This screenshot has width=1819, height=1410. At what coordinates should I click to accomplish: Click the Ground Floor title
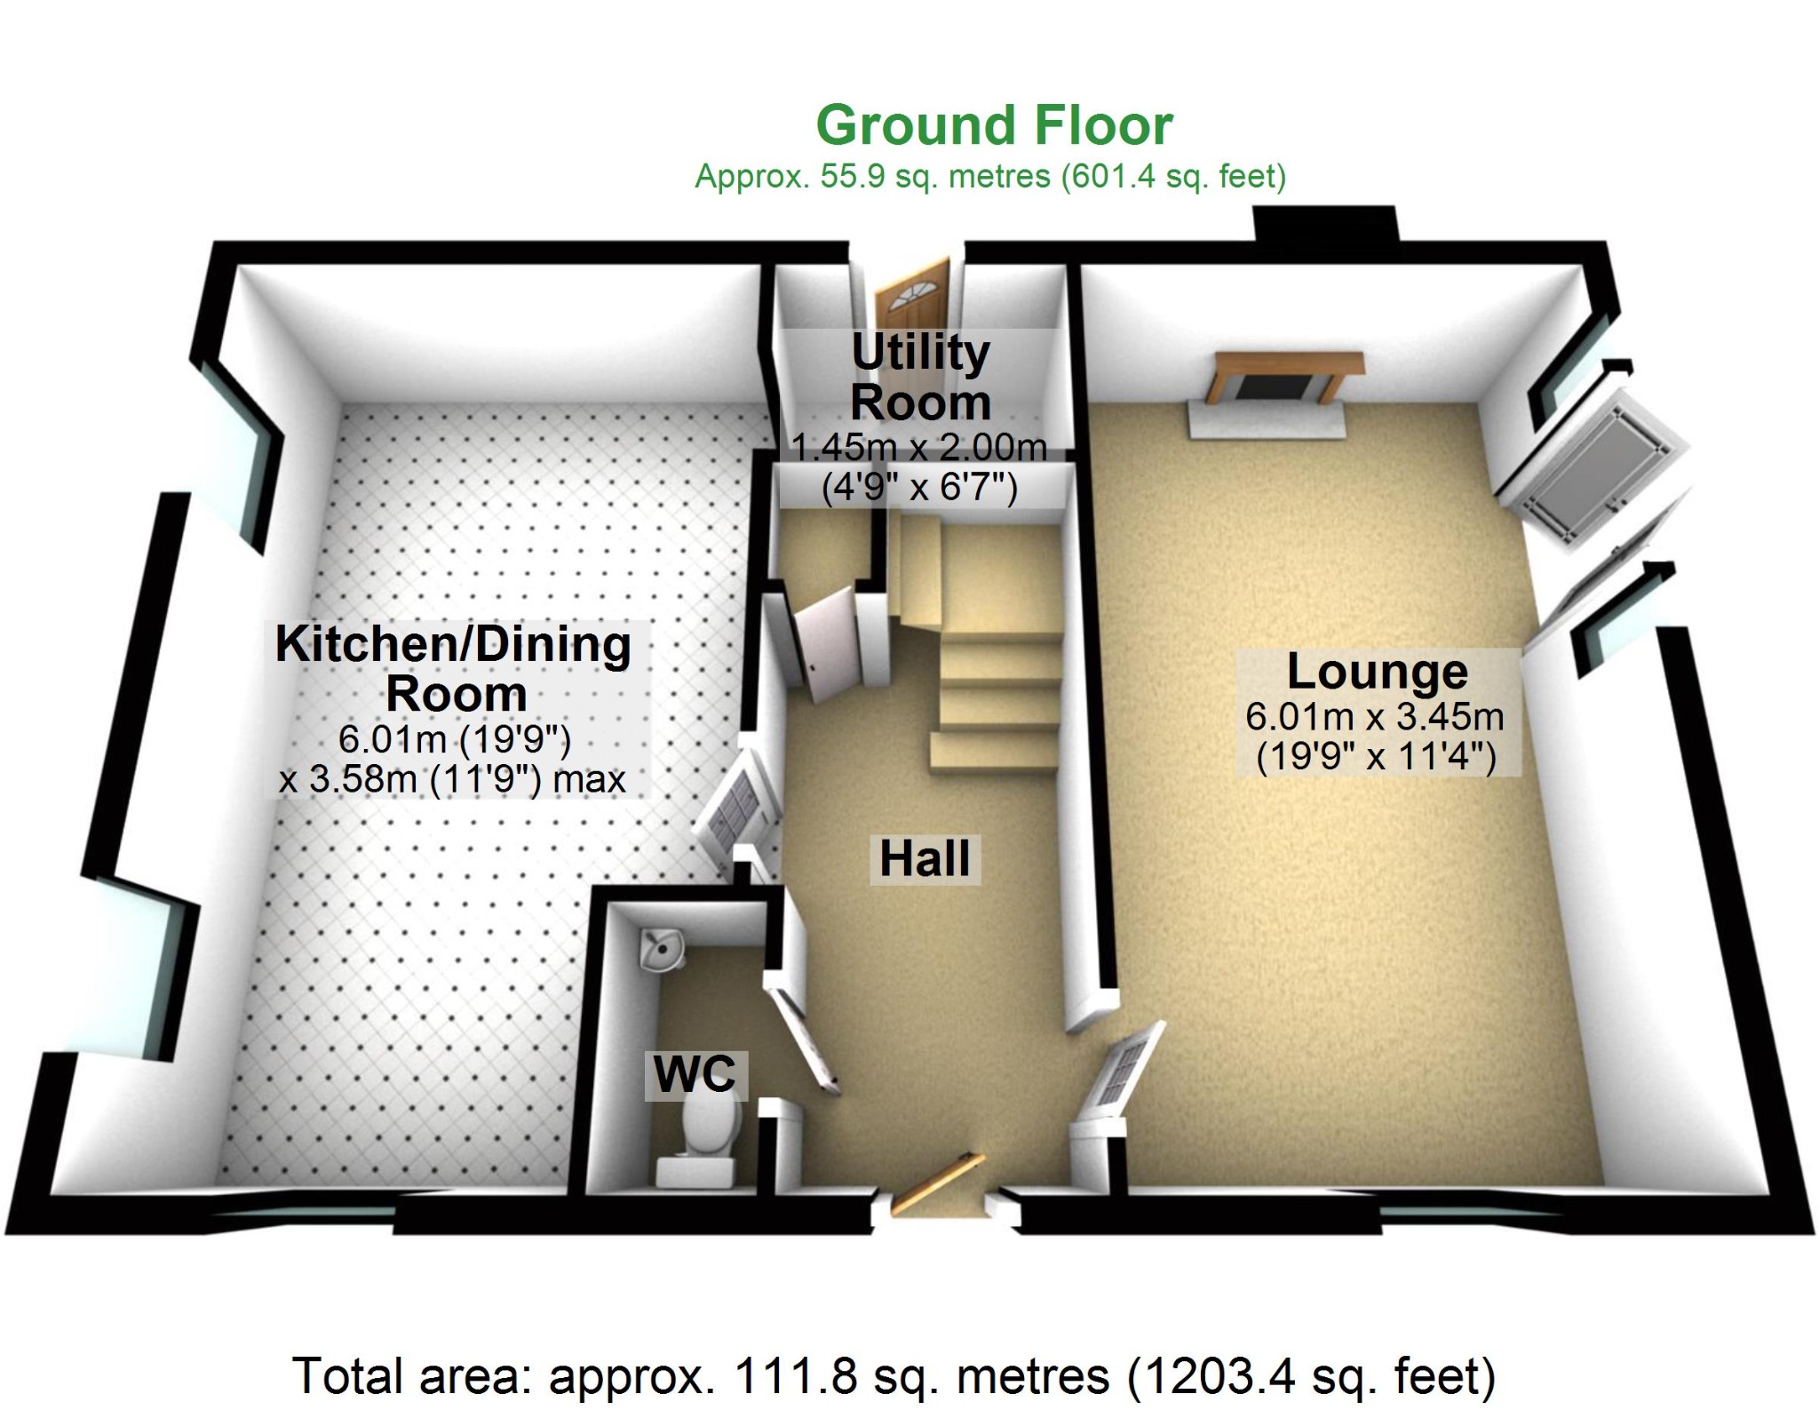pyautogui.click(x=994, y=126)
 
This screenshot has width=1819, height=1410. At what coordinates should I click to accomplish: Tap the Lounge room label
pyautogui.click(x=1377, y=672)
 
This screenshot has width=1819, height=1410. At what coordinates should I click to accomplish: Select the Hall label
pyautogui.click(x=925, y=858)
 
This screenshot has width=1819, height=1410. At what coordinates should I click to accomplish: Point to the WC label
pyautogui.click(x=695, y=1074)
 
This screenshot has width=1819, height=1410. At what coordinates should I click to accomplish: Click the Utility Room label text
pyautogui.click(x=921, y=377)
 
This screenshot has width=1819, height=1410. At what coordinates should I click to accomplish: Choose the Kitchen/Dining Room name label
pyautogui.click(x=454, y=668)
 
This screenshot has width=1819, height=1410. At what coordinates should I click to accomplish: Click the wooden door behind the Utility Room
pyautogui.click(x=912, y=294)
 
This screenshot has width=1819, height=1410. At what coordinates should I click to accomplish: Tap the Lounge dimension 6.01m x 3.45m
pyautogui.click(x=1375, y=716)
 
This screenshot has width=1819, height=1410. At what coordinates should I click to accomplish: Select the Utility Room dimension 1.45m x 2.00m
pyautogui.click(x=919, y=447)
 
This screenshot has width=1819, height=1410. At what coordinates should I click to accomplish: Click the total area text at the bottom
pyautogui.click(x=894, y=1376)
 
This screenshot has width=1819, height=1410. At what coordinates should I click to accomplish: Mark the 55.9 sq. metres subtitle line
pyautogui.click(x=989, y=177)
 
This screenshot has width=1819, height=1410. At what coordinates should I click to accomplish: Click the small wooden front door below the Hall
pyautogui.click(x=937, y=1182)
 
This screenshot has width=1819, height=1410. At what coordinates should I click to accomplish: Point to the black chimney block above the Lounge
pyautogui.click(x=1324, y=223)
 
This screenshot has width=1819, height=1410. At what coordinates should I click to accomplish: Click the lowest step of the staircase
pyautogui.click(x=995, y=751)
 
